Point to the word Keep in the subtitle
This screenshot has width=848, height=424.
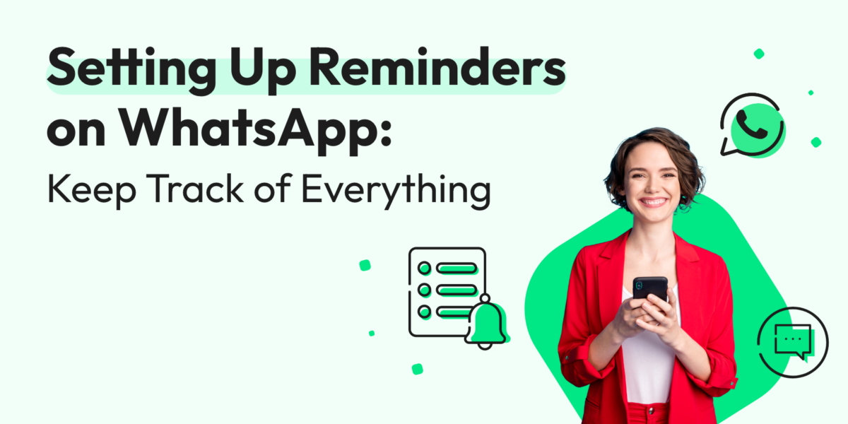pos(92,190)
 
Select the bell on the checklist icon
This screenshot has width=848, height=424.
pos(486,322)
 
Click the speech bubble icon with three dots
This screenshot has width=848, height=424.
pos(793,342)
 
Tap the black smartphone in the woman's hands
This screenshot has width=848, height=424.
pos(649,289)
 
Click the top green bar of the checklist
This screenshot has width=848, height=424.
pos(457,269)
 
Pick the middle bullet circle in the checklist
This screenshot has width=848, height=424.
pos(425,290)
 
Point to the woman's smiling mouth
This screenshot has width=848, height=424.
pos(653,202)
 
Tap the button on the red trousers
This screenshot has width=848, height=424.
pos(649,411)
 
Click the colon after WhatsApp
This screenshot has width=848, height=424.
pos(385,132)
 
